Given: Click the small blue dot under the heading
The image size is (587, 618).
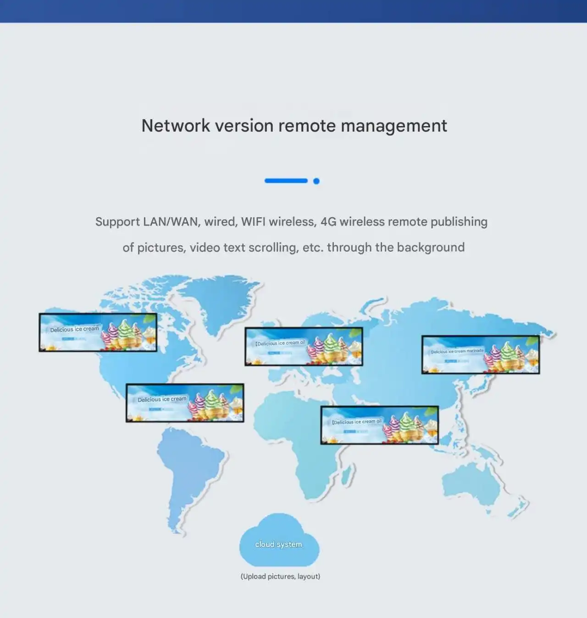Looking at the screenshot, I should click(x=316, y=181).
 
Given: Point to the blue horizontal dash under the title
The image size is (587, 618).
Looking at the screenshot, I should click(x=286, y=181).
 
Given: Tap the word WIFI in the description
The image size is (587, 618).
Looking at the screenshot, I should click(x=253, y=222).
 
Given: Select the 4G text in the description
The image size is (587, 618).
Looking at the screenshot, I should click(x=328, y=222).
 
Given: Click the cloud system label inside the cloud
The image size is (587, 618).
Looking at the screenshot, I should click(x=278, y=544).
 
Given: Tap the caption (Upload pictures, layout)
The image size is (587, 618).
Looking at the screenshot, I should click(x=280, y=576).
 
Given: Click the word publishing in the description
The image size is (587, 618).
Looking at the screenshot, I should click(x=459, y=222).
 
